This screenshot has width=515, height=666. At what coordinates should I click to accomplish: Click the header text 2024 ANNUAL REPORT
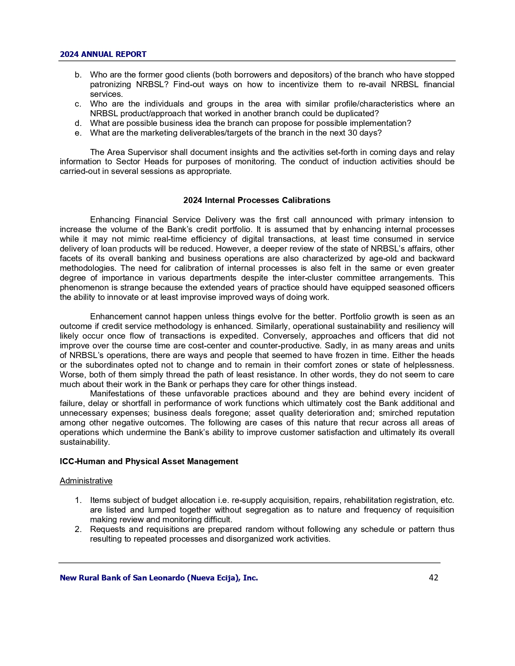(103, 54)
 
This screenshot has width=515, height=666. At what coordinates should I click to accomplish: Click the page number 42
(433, 578)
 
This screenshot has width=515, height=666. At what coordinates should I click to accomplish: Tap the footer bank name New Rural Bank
(159, 578)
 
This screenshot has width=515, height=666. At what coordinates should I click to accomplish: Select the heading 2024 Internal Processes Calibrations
(256, 201)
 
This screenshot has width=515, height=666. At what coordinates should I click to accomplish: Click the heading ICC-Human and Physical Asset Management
(149, 461)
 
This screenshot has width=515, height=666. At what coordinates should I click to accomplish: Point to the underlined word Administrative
(86, 481)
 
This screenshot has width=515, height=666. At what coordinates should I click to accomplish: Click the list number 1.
(78, 501)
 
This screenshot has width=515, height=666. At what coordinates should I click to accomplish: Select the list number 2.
(78, 530)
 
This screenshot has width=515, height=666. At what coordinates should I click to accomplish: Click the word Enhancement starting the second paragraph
(116, 317)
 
